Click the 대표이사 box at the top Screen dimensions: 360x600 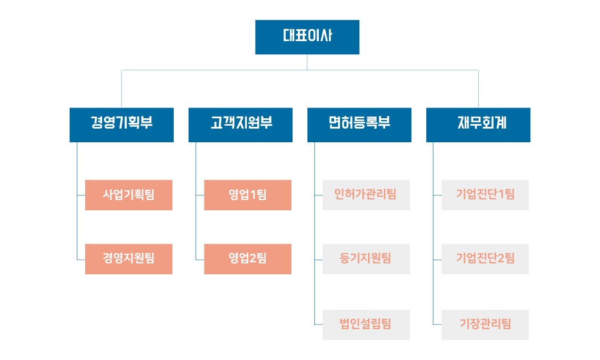tap(307, 37)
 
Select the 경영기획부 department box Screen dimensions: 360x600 tap(121, 125)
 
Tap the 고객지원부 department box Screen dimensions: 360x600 tap(240, 125)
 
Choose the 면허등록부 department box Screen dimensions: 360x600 tap(359, 125)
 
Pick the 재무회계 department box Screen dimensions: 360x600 tap(478, 125)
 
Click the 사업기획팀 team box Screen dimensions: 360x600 tap(129, 195)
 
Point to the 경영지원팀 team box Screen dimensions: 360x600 tap(129, 259)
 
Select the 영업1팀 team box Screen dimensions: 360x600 tap(247, 195)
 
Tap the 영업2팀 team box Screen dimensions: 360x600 tap(247, 259)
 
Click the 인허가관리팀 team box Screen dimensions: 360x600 tap(366, 195)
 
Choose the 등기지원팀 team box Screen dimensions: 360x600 tap(366, 259)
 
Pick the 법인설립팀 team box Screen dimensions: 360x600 tap(366, 325)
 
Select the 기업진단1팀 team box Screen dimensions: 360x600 tap(485, 195)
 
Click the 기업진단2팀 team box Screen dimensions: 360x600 tap(485, 259)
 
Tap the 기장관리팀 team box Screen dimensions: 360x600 tap(485, 325)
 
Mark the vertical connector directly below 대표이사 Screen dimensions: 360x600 tap(307, 62)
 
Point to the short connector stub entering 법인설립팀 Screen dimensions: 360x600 tap(318, 325)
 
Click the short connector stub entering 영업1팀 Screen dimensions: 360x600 tap(200, 195)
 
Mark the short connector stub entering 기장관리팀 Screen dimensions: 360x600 tap(437, 325)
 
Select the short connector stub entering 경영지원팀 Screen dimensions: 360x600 tap(81, 260)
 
